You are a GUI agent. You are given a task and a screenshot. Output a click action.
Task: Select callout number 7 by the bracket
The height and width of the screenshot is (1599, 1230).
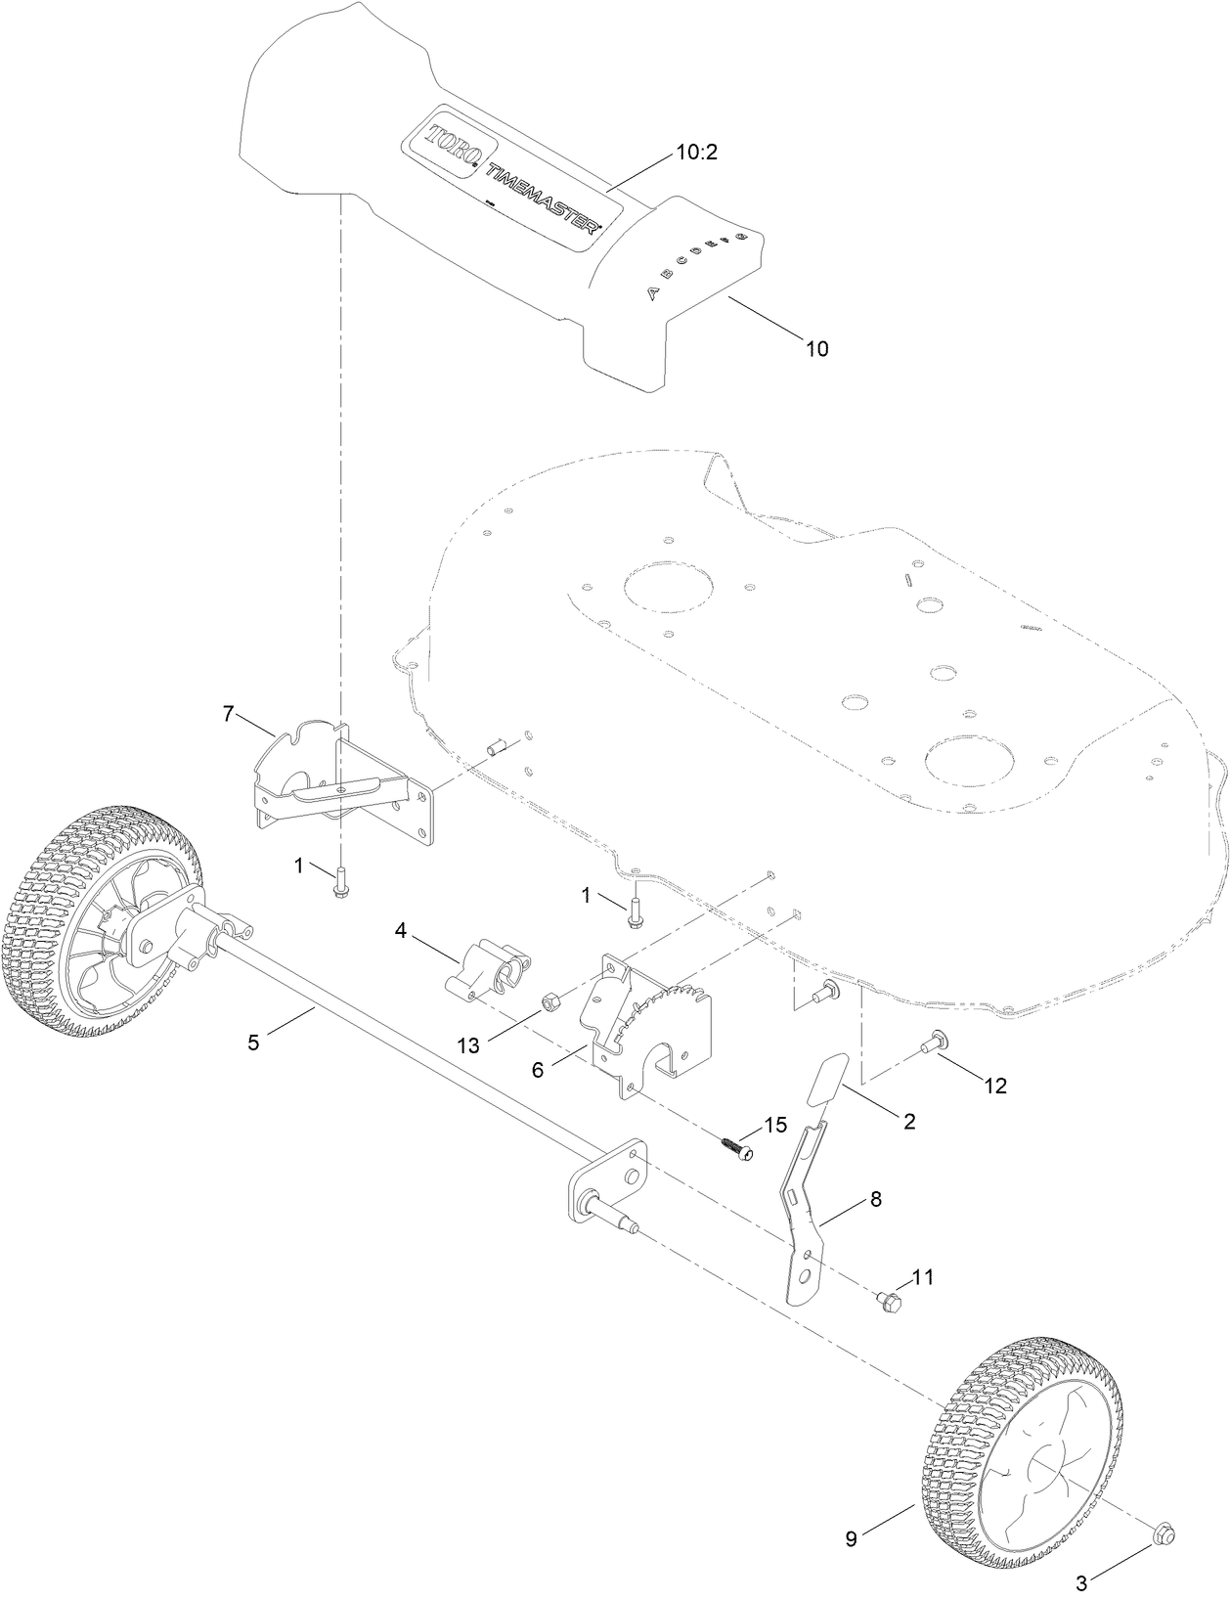pyautogui.click(x=229, y=714)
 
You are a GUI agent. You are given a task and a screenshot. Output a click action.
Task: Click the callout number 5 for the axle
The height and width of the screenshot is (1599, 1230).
pyautogui.click(x=253, y=1043)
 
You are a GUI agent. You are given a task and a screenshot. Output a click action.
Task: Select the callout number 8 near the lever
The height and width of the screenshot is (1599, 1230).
pyautogui.click(x=875, y=1198)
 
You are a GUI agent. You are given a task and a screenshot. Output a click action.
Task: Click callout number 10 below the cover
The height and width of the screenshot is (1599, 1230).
pyautogui.click(x=816, y=347)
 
